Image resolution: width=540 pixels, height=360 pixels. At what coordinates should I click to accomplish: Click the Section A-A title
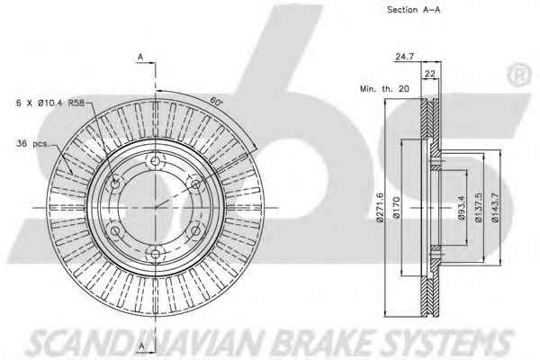pyautogui.click(x=414, y=10)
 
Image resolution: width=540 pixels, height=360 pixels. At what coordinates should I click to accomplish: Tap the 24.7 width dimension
pyautogui.click(x=404, y=57)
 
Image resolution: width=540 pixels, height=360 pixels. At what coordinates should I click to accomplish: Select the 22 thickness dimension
pyautogui.click(x=430, y=74)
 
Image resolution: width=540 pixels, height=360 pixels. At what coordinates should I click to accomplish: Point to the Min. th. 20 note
pyautogui.click(x=384, y=88)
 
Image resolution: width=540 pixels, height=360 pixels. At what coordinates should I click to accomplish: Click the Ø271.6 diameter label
pyautogui.click(x=380, y=207)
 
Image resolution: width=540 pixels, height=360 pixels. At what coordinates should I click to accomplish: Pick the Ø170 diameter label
pyautogui.click(x=396, y=207)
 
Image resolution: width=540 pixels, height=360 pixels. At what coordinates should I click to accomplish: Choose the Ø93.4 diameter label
pyautogui.click(x=462, y=207)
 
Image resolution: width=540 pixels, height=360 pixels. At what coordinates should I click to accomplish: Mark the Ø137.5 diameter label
pyautogui.click(x=479, y=207)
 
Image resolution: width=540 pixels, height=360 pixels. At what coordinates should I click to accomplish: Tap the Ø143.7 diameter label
pyautogui.click(x=495, y=207)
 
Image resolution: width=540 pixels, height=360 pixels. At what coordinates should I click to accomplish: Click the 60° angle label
pyautogui.click(x=216, y=101)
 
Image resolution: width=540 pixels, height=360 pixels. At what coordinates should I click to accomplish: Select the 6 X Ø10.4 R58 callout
pyautogui.click(x=50, y=103)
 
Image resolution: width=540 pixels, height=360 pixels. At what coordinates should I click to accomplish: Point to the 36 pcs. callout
pyautogui.click(x=32, y=144)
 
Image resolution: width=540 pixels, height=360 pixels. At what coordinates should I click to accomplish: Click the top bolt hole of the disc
pyautogui.click(x=156, y=161)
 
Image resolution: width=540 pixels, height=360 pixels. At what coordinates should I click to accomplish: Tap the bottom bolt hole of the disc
pyautogui.click(x=156, y=254)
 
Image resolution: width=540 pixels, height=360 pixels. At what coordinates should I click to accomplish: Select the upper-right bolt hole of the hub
pyautogui.click(x=195, y=184)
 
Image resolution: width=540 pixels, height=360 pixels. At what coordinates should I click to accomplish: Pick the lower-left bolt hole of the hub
pyautogui.click(x=115, y=230)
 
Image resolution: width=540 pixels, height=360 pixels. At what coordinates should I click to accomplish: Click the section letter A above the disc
pyautogui.click(x=140, y=58)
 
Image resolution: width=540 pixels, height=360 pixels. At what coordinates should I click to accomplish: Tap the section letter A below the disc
pyautogui.click(x=141, y=346)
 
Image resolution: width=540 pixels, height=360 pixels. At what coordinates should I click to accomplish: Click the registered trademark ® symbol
pyautogui.click(x=518, y=75)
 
